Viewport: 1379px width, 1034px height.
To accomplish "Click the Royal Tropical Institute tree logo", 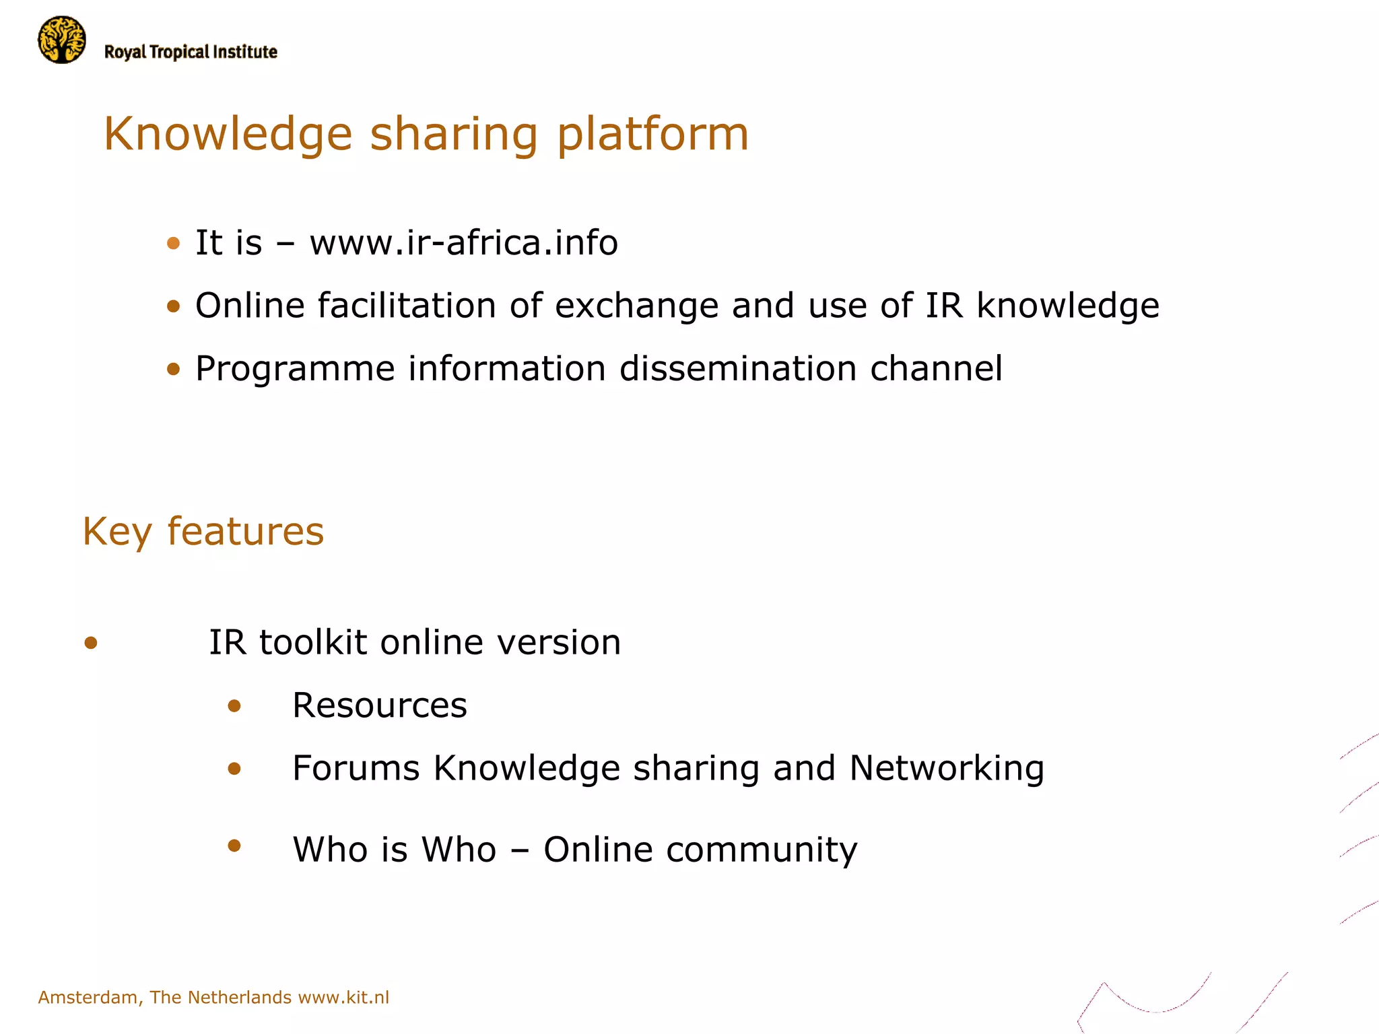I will click(62, 40).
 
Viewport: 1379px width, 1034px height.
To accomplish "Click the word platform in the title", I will click(652, 135).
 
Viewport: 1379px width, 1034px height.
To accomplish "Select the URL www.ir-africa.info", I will click(463, 243).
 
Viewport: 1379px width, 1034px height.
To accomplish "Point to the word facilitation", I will click(407, 306).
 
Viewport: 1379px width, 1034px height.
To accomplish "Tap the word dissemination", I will click(737, 369).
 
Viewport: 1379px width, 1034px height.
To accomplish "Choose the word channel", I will click(936, 369).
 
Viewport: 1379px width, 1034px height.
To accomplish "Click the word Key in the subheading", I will click(117, 532).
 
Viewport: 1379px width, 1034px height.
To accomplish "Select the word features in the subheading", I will click(245, 532).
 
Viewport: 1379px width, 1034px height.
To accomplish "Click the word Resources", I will click(379, 705).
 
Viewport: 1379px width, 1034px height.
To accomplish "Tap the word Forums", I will click(356, 768).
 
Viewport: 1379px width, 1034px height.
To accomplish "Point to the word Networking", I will click(947, 769).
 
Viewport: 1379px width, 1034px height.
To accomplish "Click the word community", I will click(762, 850).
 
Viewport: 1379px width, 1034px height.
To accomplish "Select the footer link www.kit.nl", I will click(343, 997).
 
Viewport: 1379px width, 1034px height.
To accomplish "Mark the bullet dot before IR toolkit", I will click(91, 643).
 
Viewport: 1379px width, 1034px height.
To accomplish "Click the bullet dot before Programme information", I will click(174, 369).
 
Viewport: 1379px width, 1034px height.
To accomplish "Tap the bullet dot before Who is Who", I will click(234, 846).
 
